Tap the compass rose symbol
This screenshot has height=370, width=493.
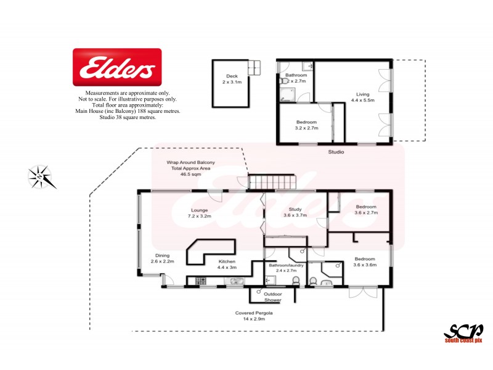click(42, 176)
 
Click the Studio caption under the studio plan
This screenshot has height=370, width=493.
click(336, 152)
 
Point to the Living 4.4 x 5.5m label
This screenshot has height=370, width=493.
click(362, 96)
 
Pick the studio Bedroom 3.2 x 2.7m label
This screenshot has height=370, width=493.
click(306, 125)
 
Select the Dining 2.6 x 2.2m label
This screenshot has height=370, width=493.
click(162, 258)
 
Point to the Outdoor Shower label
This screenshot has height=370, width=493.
click(272, 297)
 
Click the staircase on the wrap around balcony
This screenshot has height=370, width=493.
click(271, 181)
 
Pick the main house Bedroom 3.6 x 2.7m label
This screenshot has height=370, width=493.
click(365, 209)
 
